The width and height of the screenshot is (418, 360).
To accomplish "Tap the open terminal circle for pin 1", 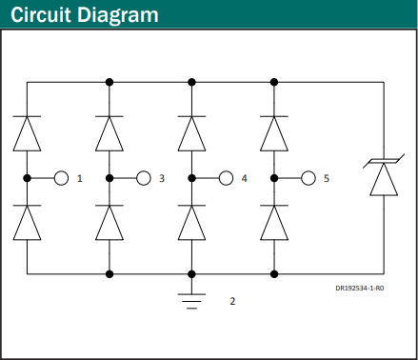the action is coord(61,178).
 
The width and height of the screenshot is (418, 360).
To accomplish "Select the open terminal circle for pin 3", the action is coord(144,178).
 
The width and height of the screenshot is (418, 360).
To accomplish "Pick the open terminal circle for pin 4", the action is coord(226,178).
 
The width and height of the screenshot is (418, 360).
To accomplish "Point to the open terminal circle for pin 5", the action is coord(309,178).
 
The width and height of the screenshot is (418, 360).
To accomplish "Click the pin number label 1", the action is coord(80,178).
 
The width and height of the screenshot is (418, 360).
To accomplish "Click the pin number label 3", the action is coord(162,178).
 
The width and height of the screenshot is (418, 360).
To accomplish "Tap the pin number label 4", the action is coord(244,178).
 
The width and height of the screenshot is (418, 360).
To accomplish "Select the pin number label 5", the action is coord(327,178).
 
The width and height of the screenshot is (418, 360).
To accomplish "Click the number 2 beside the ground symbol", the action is coord(232,301).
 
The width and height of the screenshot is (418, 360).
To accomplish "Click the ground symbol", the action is coord(191,301).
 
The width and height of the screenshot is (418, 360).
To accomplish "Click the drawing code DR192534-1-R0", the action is coord(360,289).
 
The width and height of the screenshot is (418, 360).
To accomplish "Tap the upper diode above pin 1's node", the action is coord(27,133).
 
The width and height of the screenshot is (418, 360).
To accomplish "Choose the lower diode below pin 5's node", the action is coord(274,223).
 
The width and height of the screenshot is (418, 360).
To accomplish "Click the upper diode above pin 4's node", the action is coord(191,133).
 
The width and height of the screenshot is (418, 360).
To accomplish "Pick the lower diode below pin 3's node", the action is coord(109,223).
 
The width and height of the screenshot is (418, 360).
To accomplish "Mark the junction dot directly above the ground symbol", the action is coord(191,274).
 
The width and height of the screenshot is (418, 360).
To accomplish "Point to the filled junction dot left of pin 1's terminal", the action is coord(27,178).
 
